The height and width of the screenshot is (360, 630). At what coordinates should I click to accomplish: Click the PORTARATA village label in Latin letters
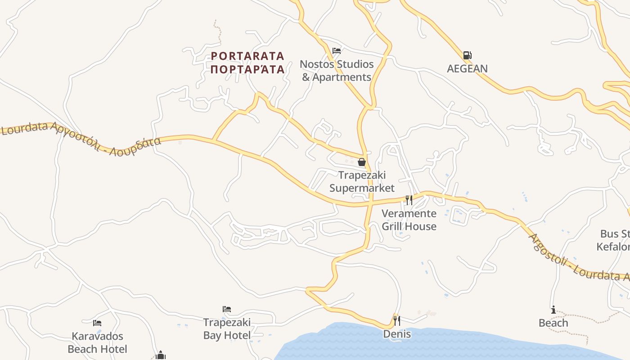(247, 56)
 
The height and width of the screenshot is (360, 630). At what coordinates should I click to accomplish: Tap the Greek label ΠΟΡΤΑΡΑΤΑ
(247, 69)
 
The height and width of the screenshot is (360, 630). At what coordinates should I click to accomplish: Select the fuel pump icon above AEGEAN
(467, 55)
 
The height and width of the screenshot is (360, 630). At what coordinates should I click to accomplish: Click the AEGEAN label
(467, 69)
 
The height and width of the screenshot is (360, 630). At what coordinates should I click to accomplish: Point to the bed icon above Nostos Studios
(337, 51)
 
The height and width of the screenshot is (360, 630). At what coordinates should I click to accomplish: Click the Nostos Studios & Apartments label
(337, 71)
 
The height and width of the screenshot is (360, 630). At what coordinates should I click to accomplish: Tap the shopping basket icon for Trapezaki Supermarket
(362, 162)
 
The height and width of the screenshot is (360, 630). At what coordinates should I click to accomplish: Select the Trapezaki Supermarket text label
(362, 181)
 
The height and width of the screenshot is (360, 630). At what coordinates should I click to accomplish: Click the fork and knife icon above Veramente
(409, 200)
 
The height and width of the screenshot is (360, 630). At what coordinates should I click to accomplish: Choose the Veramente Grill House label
(409, 220)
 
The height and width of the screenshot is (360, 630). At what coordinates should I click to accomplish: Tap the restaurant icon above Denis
(396, 321)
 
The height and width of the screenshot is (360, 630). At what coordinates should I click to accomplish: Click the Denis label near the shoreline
(397, 334)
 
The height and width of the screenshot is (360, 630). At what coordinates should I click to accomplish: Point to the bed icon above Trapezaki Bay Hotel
(227, 309)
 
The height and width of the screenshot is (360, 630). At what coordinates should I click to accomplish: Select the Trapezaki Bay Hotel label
(227, 329)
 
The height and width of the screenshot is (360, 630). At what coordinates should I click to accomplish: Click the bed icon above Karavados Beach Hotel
(97, 323)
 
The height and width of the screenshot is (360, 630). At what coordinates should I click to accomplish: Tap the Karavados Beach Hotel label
(97, 342)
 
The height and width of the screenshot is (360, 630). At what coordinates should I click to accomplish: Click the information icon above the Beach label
(553, 310)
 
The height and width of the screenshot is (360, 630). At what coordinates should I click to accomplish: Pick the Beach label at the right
(553, 323)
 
